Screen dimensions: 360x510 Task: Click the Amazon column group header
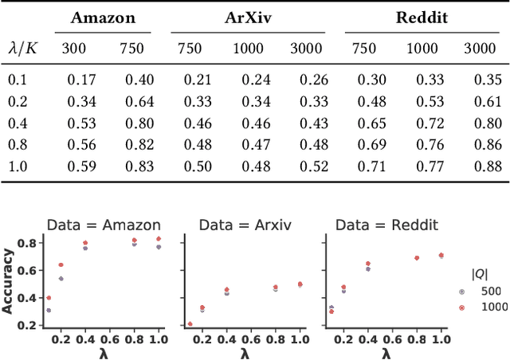104,18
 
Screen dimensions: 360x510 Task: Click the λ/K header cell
24,49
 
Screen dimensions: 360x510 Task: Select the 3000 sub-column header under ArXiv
313,49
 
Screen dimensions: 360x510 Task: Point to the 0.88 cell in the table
487,166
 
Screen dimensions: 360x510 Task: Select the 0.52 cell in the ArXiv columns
313,166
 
